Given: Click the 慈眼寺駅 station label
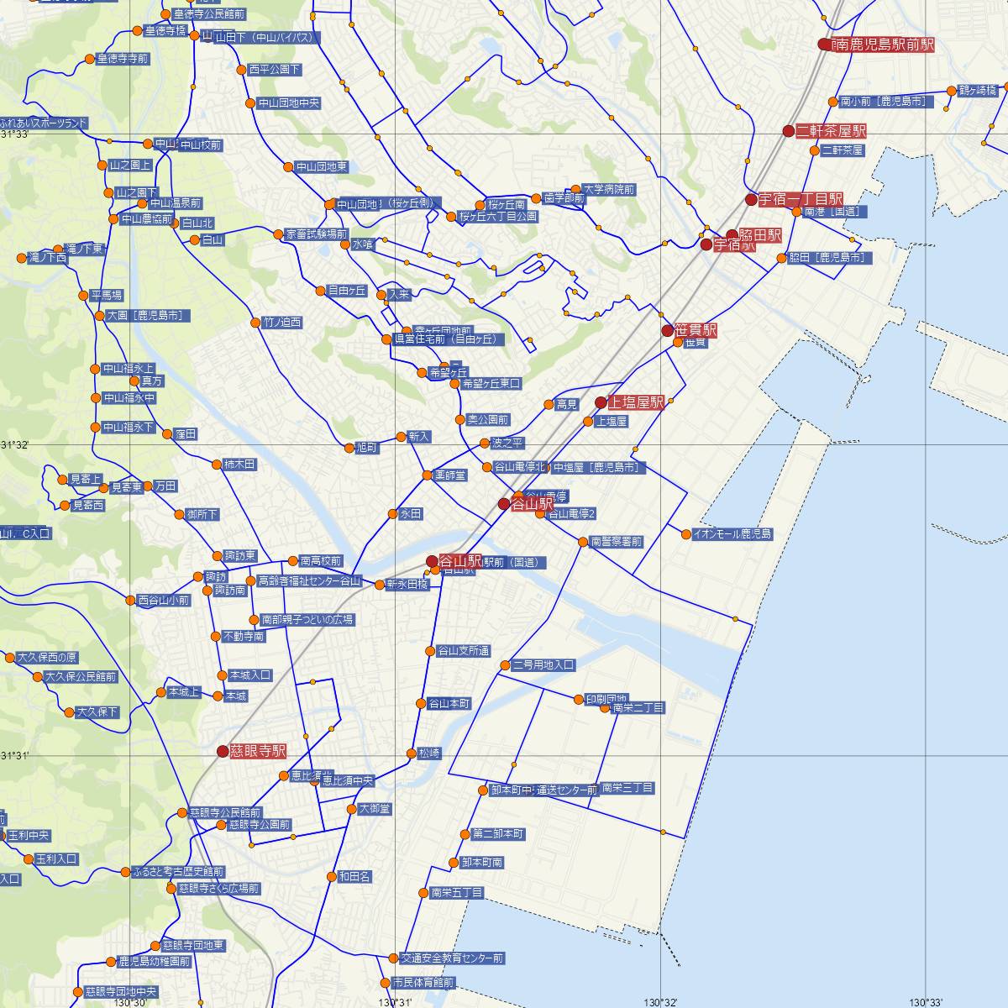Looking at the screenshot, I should (x=258, y=751).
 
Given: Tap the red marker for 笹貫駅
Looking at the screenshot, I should (x=668, y=330).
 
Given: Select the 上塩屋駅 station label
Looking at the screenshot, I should (x=636, y=402).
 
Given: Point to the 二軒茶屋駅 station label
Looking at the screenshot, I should (x=831, y=131).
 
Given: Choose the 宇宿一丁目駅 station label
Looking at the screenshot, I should (x=801, y=199).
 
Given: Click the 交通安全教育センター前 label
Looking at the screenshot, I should (x=452, y=958).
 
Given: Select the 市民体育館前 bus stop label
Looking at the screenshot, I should (x=423, y=982).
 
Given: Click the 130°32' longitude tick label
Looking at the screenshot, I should (x=660, y=1001).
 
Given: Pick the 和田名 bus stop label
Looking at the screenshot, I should (x=354, y=876).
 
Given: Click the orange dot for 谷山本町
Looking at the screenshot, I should (x=421, y=703).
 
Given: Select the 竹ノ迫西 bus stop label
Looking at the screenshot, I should (x=282, y=323).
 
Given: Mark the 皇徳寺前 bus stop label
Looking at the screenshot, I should (x=123, y=59).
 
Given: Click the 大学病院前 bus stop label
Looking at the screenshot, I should (x=609, y=190).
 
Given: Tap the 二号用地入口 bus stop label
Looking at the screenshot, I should (x=543, y=665).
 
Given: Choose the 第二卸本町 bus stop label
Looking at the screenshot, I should (x=498, y=834).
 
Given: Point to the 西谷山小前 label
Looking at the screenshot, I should (x=164, y=601).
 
